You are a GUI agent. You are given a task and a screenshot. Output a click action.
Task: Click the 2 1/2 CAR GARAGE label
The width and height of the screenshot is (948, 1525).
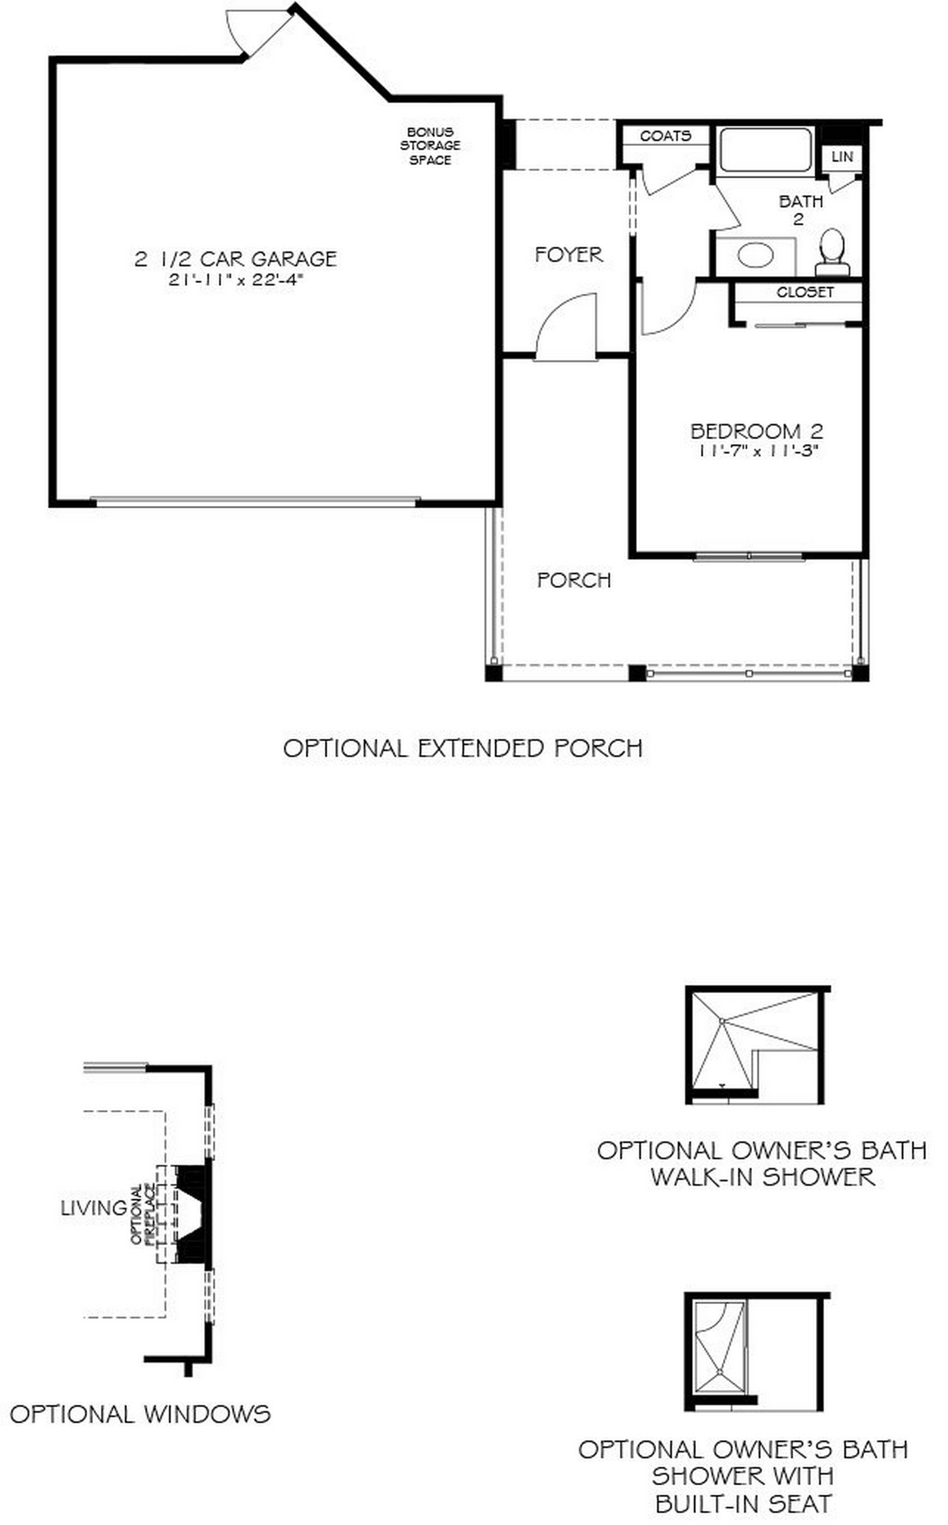(235, 259)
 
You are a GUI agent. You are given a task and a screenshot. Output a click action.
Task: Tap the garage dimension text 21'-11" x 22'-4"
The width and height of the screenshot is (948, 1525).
(235, 280)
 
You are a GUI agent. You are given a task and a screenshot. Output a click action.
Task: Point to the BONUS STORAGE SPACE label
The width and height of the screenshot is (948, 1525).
(430, 146)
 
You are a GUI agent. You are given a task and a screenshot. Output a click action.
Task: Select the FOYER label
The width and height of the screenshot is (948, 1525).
(568, 255)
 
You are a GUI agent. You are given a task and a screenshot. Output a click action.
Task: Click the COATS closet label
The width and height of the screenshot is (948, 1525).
(665, 136)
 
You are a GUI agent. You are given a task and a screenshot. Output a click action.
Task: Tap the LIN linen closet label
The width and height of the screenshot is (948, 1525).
(842, 157)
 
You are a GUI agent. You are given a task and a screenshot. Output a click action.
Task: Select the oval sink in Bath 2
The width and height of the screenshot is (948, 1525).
(755, 256)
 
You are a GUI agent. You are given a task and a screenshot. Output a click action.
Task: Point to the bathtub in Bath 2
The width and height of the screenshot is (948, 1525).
(765, 150)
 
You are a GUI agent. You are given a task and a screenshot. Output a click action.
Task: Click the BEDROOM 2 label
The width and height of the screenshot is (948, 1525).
(757, 431)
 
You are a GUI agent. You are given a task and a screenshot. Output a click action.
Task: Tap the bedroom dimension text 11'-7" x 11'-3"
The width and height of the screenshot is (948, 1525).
(758, 451)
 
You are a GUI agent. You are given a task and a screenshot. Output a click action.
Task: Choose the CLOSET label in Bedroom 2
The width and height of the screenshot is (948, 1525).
(805, 292)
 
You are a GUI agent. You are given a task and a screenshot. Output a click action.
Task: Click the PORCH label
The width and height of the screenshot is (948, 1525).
(574, 580)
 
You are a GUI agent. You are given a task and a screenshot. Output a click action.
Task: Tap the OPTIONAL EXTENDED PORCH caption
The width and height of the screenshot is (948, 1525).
(463, 749)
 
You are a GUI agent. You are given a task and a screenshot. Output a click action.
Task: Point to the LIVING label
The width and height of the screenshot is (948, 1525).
(94, 1209)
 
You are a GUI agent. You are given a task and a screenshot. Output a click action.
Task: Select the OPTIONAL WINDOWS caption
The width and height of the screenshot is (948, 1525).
(140, 1414)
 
